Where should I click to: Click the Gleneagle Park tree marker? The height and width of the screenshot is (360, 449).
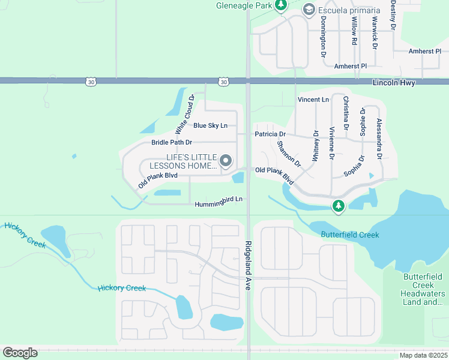pos(280,6)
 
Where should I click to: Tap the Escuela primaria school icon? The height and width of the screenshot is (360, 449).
pos(309,9)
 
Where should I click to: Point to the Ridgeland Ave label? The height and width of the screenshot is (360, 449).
pos(247,266)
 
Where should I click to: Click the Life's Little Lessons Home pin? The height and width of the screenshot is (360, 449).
pos(226,160)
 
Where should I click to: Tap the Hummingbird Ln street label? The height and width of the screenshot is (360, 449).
pos(218,204)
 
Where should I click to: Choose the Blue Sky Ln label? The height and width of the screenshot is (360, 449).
pos(210,125)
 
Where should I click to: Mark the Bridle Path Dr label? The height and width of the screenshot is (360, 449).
pos(172,142)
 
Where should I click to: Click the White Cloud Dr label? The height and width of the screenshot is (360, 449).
pos(185,114)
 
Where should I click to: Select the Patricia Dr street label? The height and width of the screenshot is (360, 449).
pos(270,134)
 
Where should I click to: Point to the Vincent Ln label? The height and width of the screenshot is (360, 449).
pos(313,99)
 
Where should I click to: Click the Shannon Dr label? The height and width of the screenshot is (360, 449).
pos(289,154)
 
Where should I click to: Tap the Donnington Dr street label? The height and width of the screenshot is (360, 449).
pos(323,36)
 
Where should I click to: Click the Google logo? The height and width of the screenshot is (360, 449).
pos(20,353)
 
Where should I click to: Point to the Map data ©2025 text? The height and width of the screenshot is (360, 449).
pos(423,355)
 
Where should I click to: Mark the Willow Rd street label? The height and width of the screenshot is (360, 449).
pos(354,31)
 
